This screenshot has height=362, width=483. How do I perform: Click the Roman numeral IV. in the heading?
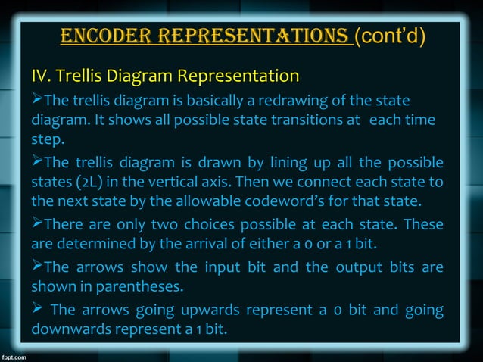tap(41, 76)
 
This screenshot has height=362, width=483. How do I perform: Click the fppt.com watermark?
tap(17, 355)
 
